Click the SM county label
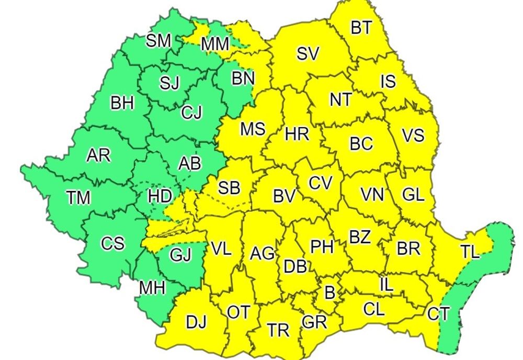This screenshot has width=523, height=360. [158, 41]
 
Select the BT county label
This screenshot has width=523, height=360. [361, 28]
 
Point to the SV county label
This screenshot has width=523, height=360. [308, 54]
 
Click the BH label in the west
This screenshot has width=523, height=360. [122, 103]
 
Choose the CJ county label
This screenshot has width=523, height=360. [191, 113]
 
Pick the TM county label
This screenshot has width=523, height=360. [78, 197]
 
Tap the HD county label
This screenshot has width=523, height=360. [160, 196]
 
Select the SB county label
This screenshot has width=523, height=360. [229, 188]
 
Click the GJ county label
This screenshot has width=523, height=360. [181, 255]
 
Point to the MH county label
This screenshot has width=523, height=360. [152, 287]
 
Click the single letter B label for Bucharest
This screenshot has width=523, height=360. [329, 292]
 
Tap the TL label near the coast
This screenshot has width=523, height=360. [470, 252]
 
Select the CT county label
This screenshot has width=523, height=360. [438, 314]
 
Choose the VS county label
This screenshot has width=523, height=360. [413, 135]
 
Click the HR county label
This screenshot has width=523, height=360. [297, 134]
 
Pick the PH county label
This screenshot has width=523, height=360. [322, 246]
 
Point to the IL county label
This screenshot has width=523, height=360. [386, 285]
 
